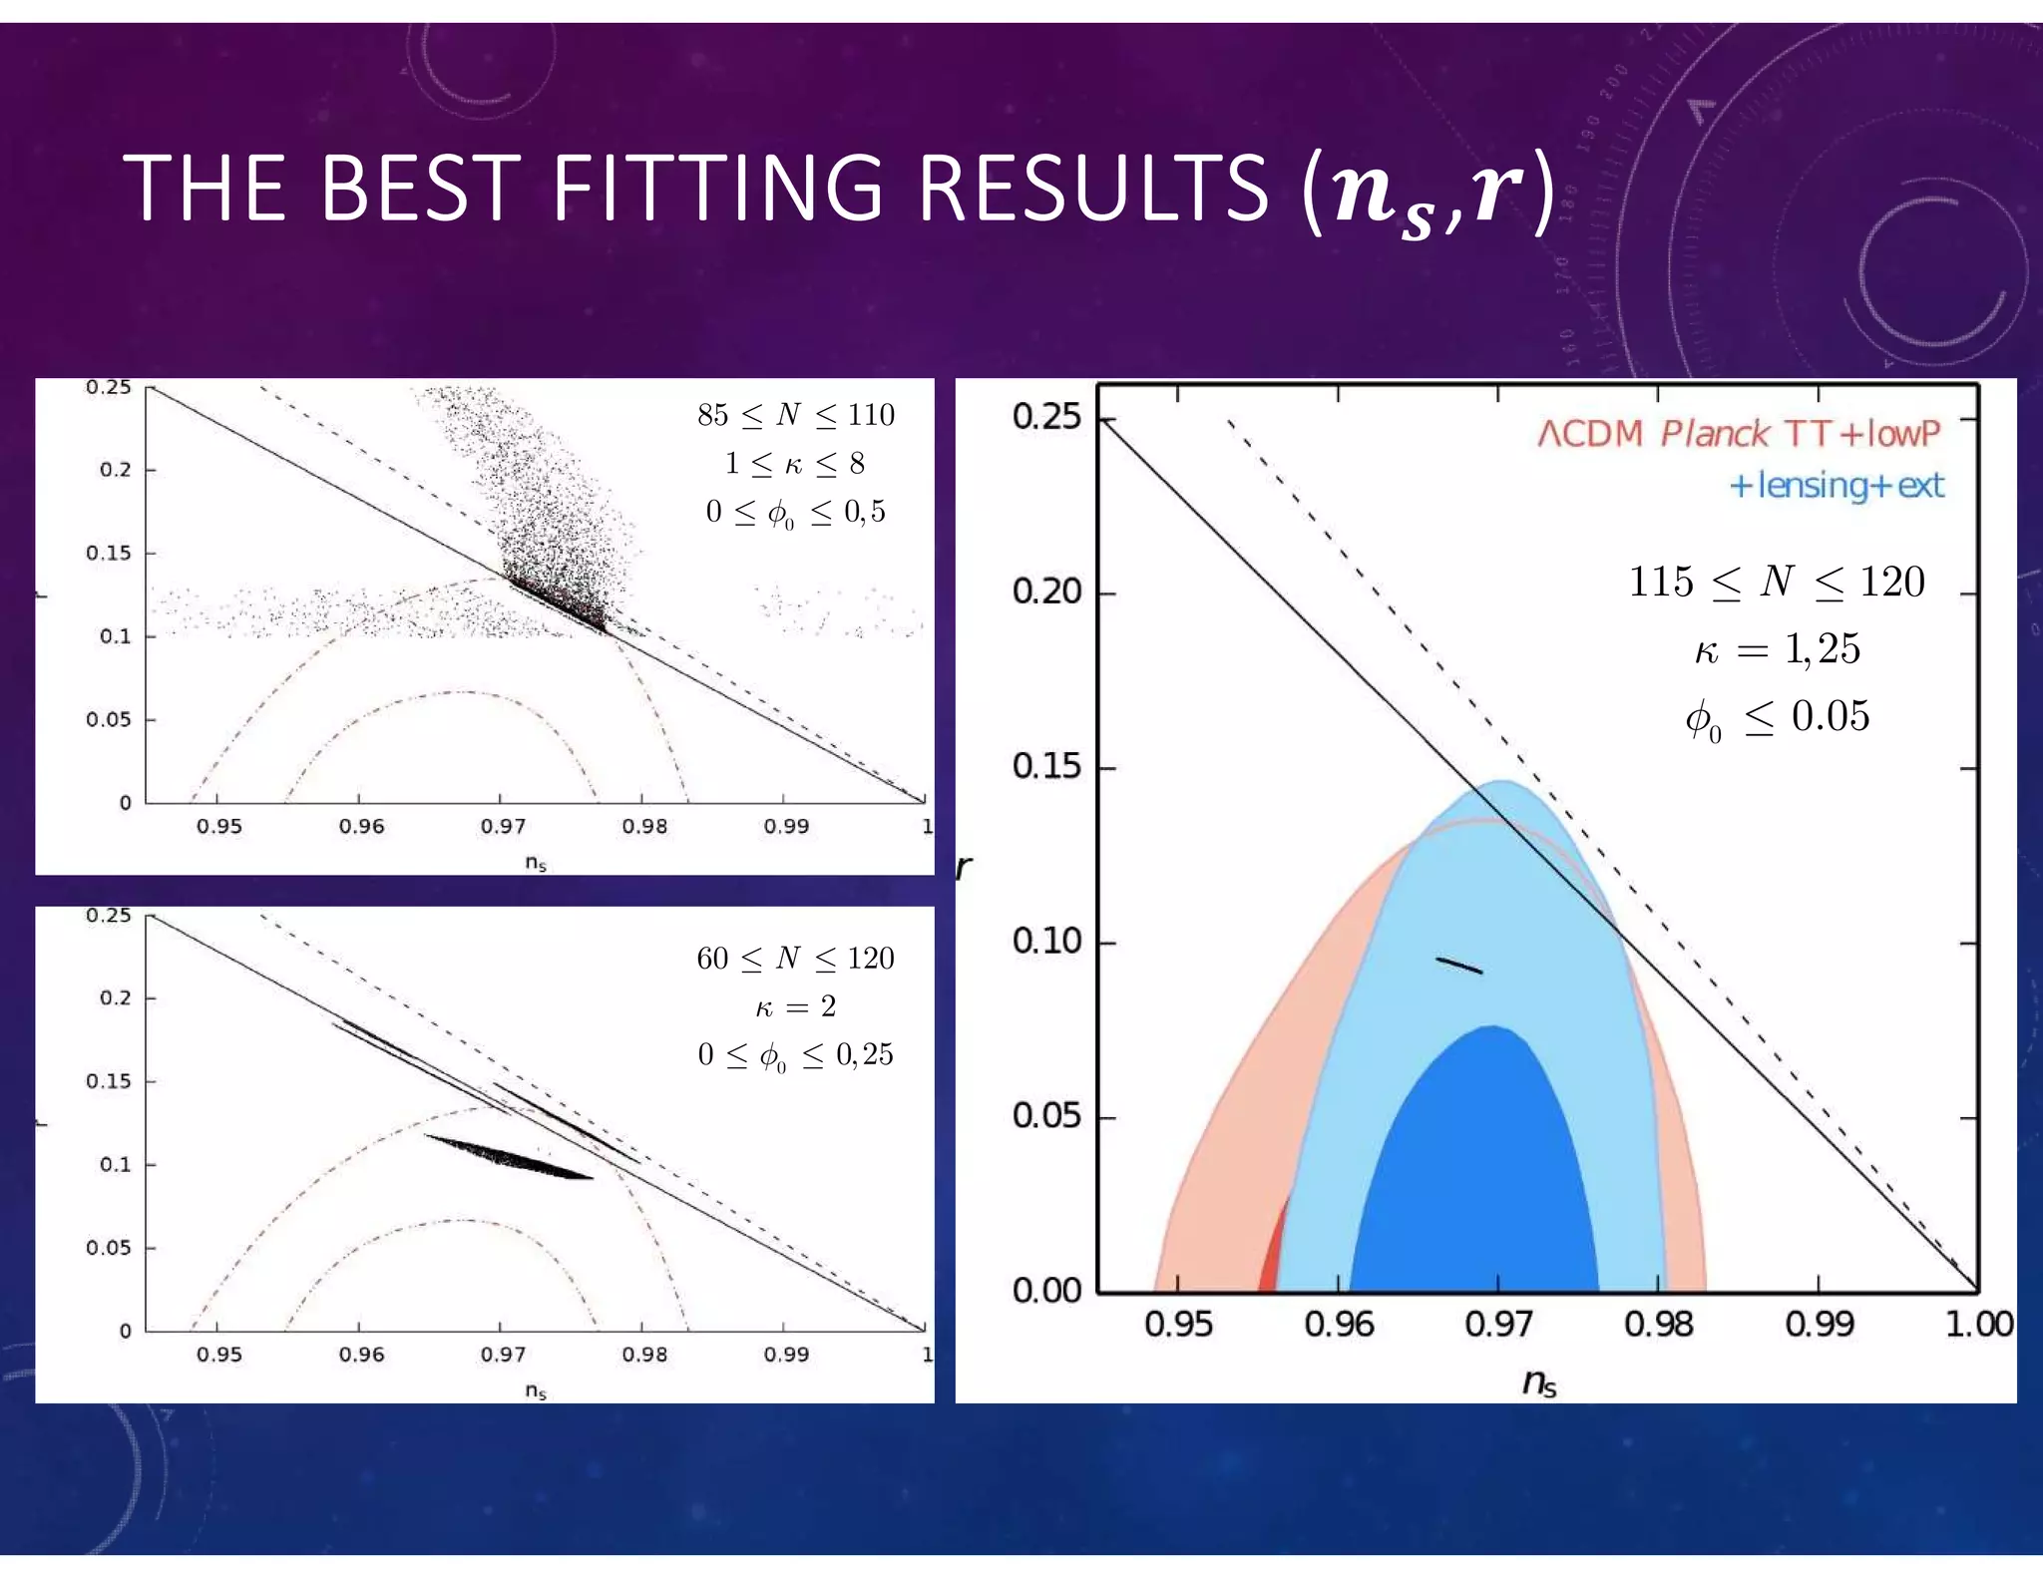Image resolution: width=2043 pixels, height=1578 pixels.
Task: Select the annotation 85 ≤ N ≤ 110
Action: pyautogui.click(x=795, y=414)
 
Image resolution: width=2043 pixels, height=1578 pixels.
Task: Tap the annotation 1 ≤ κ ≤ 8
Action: pyautogui.click(x=795, y=463)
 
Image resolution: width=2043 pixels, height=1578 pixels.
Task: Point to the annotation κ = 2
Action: pyautogui.click(x=795, y=1006)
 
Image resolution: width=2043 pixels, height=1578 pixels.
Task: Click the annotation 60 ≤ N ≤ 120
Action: pyautogui.click(x=795, y=958)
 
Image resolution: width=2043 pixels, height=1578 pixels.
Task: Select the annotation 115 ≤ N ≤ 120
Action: pyautogui.click(x=1776, y=582)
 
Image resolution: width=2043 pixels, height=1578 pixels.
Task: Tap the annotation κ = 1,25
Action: pyautogui.click(x=1776, y=649)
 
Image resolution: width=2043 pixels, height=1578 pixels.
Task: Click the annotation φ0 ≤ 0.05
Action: pyautogui.click(x=1776, y=717)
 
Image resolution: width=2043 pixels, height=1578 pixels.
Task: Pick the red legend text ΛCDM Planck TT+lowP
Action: pyautogui.click(x=1739, y=434)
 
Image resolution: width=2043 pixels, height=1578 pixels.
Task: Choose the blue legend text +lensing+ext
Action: pyautogui.click(x=1836, y=486)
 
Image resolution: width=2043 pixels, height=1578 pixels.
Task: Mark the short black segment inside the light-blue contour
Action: pyautogui.click(x=1459, y=965)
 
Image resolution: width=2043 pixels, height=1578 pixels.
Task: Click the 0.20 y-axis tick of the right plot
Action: pyautogui.click(x=1046, y=592)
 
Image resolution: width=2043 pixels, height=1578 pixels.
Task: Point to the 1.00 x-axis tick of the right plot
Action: pyautogui.click(x=1977, y=1325)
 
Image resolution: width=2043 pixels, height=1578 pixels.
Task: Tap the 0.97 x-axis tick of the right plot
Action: pyautogui.click(x=1497, y=1325)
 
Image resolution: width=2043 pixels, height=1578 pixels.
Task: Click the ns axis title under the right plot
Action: pyautogui.click(x=1538, y=1382)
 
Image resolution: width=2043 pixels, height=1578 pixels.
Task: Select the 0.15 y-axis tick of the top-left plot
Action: pyautogui.click(x=108, y=553)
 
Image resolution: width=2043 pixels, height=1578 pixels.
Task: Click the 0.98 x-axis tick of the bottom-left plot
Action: pyautogui.click(x=643, y=1355)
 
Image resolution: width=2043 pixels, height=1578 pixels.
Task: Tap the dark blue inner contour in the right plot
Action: pyautogui.click(x=1476, y=1177)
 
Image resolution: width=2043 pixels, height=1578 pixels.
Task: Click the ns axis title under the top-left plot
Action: pyautogui.click(x=536, y=863)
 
